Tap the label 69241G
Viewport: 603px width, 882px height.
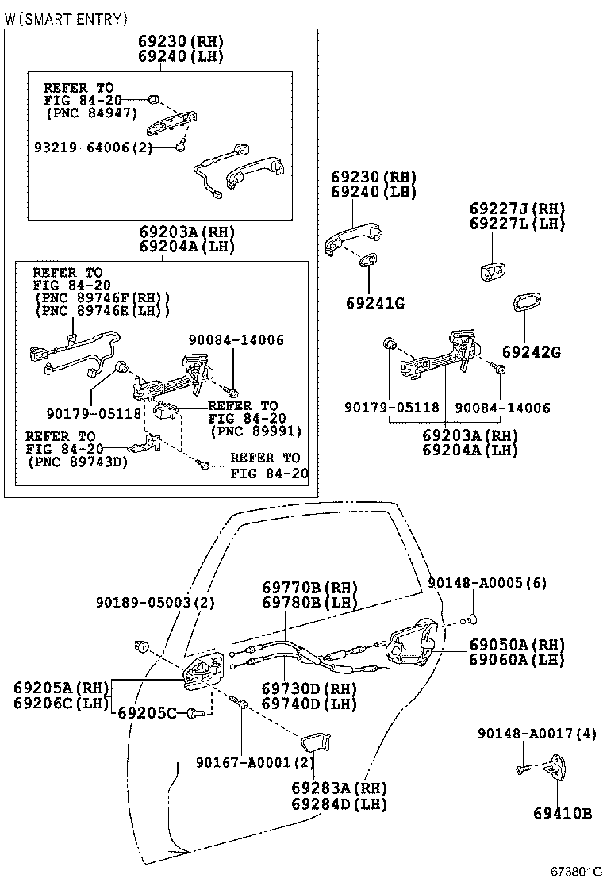click(x=374, y=303)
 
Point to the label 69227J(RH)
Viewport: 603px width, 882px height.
click(x=517, y=209)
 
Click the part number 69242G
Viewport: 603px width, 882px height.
click(x=531, y=351)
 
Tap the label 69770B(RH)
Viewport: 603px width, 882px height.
click(x=309, y=588)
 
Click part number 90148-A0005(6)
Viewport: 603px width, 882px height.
click(x=487, y=582)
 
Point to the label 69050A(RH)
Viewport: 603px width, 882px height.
click(x=517, y=645)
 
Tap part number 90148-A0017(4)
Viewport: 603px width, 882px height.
click(x=536, y=734)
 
